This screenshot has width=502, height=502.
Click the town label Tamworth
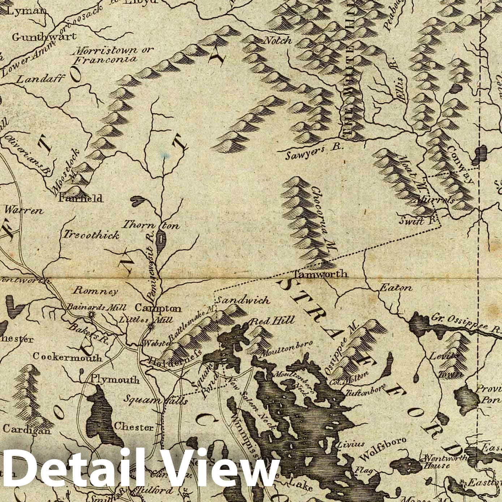[x=322, y=274]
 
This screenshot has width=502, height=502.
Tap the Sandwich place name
[x=244, y=300]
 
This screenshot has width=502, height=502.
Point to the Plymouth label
[x=115, y=379]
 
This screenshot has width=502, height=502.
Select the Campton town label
[x=158, y=308]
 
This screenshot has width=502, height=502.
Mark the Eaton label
[x=395, y=288]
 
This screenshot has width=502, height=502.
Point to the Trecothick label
[x=91, y=235]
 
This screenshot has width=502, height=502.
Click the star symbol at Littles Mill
[x=150, y=327]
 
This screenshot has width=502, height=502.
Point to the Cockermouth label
[x=67, y=357]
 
